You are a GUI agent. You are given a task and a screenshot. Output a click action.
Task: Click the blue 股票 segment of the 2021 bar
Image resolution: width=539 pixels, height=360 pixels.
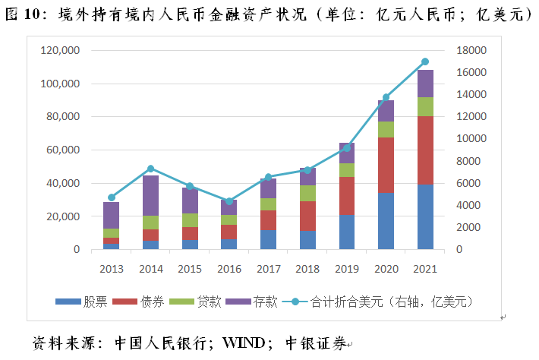[425, 217]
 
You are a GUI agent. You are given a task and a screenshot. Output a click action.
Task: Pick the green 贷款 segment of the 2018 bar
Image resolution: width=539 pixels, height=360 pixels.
[307, 194]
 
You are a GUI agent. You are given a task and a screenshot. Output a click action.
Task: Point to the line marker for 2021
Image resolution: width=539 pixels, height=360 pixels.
[425, 62]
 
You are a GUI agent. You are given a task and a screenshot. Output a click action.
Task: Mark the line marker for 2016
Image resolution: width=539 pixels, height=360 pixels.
[229, 201]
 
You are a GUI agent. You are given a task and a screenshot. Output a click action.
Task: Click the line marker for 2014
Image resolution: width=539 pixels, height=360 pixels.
[150, 169]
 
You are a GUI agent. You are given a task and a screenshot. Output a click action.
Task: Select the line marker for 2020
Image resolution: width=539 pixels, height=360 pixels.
[386, 97]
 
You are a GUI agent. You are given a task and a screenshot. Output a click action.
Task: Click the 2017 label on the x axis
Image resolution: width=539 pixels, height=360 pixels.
[268, 269]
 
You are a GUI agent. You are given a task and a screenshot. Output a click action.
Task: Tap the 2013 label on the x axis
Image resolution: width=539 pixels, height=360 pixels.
[111, 269]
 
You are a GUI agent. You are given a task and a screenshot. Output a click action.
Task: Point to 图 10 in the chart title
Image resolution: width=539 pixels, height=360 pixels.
[23, 14]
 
